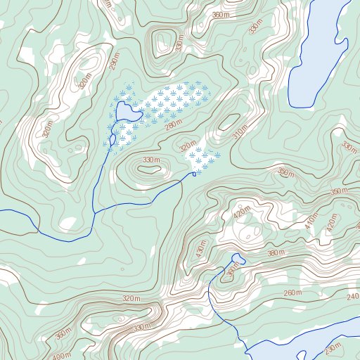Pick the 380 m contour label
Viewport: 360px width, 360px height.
(275, 253)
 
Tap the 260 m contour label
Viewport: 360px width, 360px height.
(292, 292)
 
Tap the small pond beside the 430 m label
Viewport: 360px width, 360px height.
(236, 260)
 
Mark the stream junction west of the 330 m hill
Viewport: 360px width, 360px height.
(94, 211)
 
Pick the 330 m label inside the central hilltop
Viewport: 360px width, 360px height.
(151, 161)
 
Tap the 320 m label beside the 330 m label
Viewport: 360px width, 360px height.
(188, 148)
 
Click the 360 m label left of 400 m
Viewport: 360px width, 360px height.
(63, 333)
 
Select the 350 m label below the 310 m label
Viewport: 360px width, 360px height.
(285, 172)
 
